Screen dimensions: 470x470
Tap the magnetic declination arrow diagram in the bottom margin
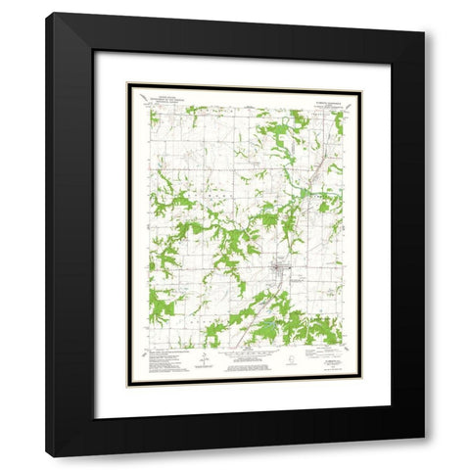pyautogui.click(x=201, y=361)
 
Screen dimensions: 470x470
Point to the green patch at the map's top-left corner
pyautogui.click(x=154, y=117)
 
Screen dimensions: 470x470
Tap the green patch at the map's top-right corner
pyautogui.click(x=338, y=122)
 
